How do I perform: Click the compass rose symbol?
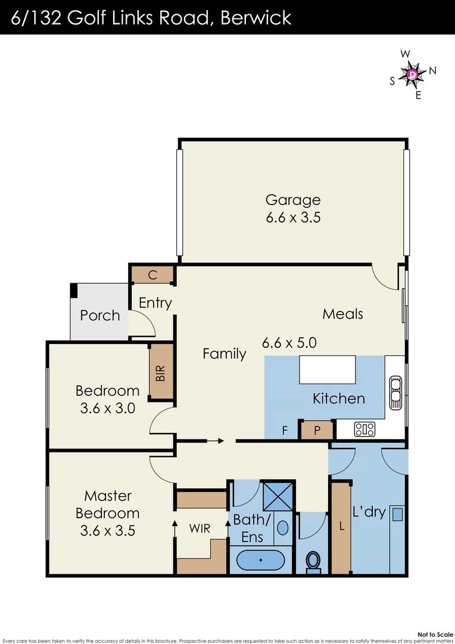[x=412, y=74]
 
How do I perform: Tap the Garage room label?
[x=292, y=200]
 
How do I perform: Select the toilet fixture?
[x=313, y=561]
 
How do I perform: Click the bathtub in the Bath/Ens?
[x=261, y=561]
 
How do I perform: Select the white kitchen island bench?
[x=327, y=370]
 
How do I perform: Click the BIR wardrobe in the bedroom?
[x=160, y=373]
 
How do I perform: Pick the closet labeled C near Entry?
[x=152, y=275]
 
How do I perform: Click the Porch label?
[x=100, y=315]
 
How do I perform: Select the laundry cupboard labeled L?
[x=341, y=527]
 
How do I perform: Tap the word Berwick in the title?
[x=255, y=17]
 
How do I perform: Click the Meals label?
[x=342, y=314]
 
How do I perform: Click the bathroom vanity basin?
[x=283, y=528]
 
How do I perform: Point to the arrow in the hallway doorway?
[x=214, y=441]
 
